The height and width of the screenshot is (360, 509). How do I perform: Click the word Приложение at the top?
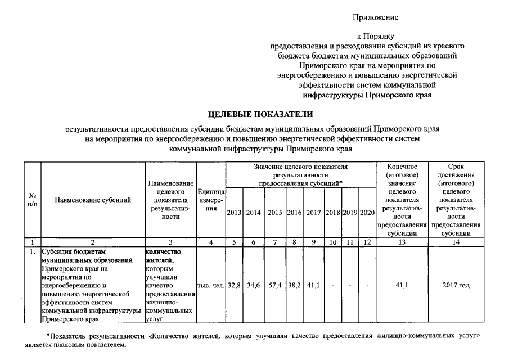pos(376,17)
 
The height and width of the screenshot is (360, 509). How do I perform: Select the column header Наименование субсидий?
pos(93,200)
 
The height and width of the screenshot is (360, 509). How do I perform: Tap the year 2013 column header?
pos(234,213)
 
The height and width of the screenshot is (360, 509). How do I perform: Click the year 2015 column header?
pos(275,213)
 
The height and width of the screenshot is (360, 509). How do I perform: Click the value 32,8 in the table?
pos(234,286)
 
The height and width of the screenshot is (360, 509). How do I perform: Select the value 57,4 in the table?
pos(275,286)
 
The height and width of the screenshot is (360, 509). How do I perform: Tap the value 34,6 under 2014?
pos(254,286)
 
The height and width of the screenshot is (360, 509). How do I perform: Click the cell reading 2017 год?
pos(456,286)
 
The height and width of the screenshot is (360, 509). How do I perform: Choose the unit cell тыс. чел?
pos(211,286)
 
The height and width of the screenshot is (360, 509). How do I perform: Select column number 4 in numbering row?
pos(211,242)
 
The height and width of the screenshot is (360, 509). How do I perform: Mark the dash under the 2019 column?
pos(350,286)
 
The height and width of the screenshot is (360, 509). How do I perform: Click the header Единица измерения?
pos(211,200)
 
